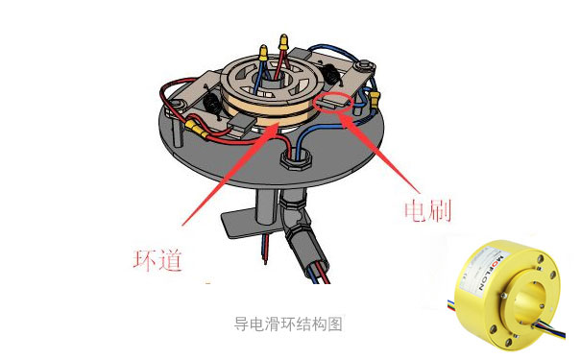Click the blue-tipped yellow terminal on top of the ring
(x=283, y=43)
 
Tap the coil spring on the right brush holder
(x=331, y=75)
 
